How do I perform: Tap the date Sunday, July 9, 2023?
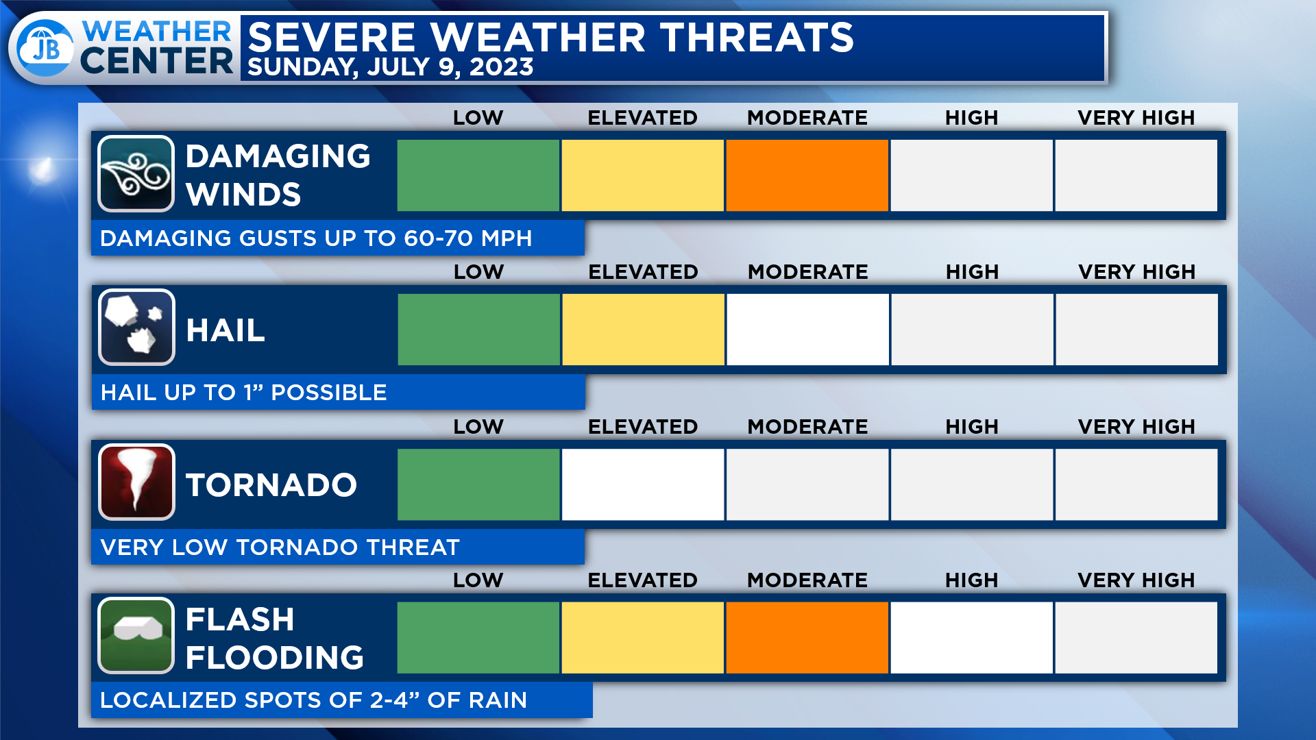tap(391, 67)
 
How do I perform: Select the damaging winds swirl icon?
tap(136, 174)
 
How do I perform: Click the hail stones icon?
tap(136, 328)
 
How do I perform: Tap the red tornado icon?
tap(136, 482)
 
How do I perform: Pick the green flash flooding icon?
tap(136, 636)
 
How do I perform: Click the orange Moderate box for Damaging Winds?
tap(807, 175)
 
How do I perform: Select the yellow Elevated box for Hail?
tap(644, 330)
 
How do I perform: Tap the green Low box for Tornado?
tap(478, 484)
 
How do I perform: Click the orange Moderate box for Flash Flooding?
tap(807, 638)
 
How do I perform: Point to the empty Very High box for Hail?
tap(1137, 330)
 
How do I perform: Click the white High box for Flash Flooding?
tap(972, 638)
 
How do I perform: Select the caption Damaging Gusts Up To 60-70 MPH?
tap(316, 238)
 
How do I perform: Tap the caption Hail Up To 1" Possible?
tap(244, 393)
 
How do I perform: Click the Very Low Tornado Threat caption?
tap(280, 547)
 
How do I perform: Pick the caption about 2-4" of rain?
tap(313, 700)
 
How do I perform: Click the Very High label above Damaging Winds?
tap(1136, 118)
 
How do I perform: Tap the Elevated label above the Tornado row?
tap(643, 427)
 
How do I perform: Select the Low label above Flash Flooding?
tap(478, 580)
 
